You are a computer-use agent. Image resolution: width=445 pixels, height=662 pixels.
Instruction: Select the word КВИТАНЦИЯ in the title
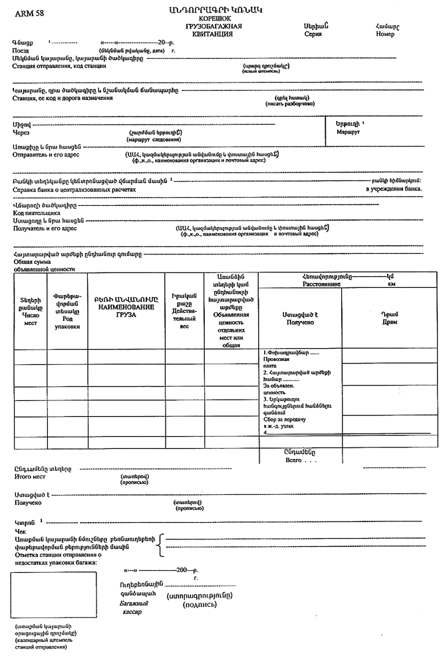(x=214, y=33)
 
